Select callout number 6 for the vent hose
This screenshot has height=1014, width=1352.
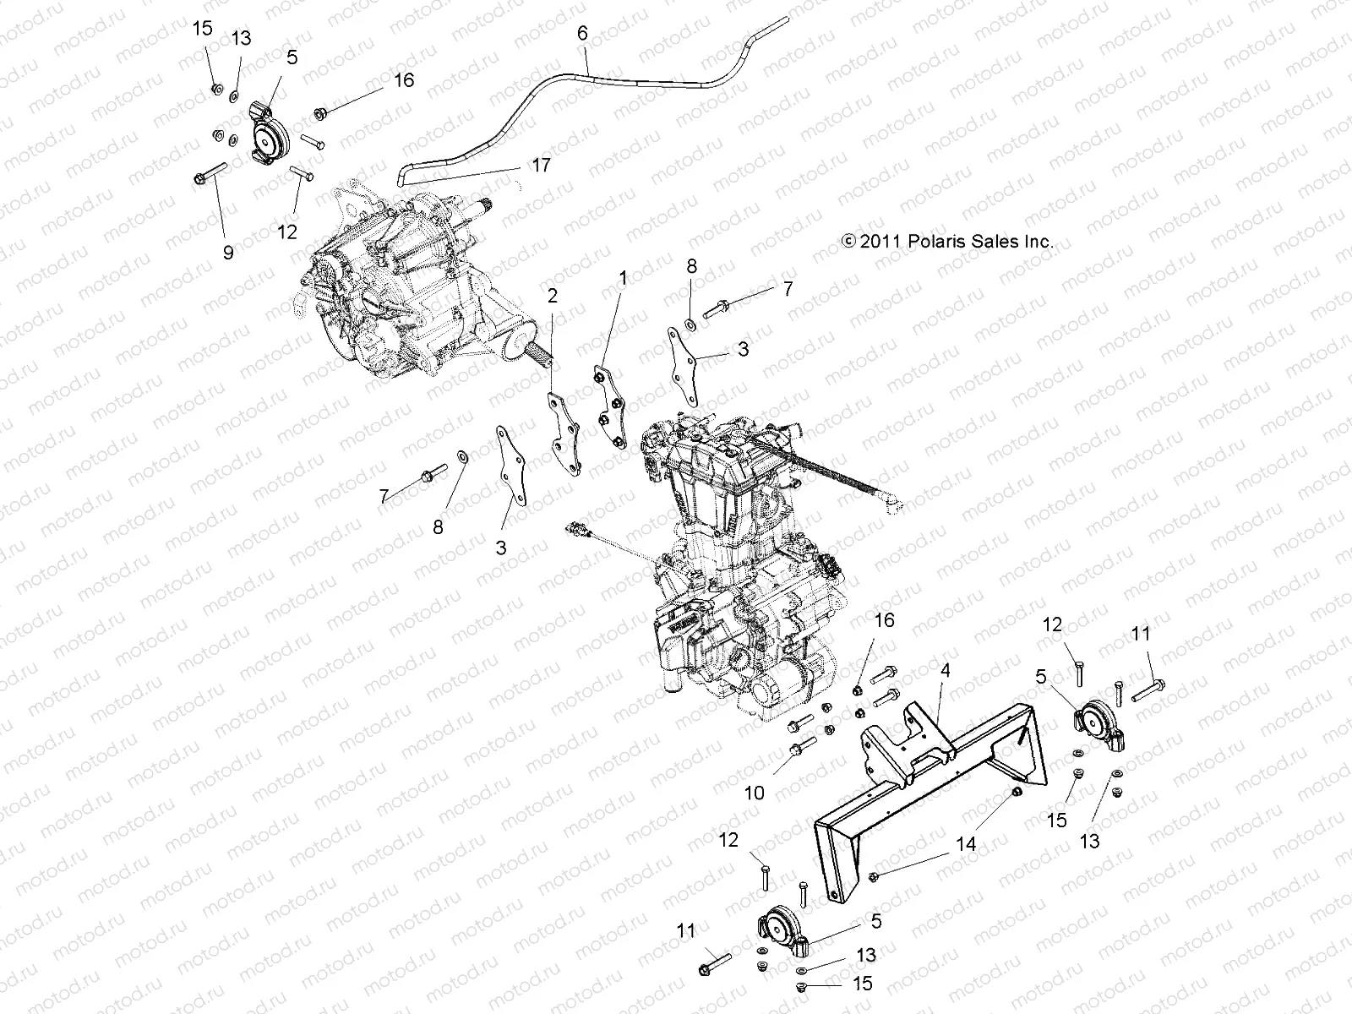[581, 33]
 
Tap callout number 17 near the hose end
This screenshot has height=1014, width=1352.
[541, 165]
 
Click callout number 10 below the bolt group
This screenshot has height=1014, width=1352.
[754, 793]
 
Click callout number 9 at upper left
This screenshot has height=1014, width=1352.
[228, 252]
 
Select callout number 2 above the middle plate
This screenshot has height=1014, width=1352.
[552, 295]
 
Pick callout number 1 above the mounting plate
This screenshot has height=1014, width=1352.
[623, 277]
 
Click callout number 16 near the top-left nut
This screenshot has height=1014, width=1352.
[404, 80]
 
